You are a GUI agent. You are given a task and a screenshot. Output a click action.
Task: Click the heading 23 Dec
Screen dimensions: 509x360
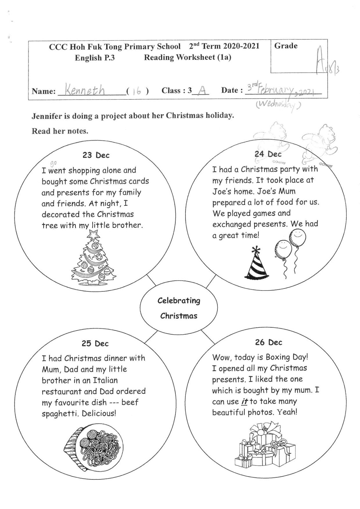click(x=96, y=155)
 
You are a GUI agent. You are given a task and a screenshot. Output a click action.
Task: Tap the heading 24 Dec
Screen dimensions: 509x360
click(x=268, y=154)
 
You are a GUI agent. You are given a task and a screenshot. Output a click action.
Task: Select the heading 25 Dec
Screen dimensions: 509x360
click(x=95, y=344)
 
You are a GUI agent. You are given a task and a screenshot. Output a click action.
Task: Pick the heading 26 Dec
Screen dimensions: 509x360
click(x=268, y=342)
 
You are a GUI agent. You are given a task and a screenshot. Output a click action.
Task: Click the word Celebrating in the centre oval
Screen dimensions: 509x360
click(x=179, y=301)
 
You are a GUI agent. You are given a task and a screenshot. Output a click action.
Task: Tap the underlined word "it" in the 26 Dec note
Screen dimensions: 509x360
click(x=244, y=401)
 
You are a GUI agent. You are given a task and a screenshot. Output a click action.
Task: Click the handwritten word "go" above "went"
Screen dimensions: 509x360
click(x=53, y=163)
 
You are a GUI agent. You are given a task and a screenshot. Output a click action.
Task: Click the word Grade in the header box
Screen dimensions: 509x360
click(x=286, y=46)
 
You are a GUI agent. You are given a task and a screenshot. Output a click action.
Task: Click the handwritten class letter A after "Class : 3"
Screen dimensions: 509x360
click(x=201, y=90)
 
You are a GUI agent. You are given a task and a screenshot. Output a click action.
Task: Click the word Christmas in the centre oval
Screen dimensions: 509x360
click(x=179, y=316)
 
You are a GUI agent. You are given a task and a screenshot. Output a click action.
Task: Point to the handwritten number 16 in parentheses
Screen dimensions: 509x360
click(x=137, y=91)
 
